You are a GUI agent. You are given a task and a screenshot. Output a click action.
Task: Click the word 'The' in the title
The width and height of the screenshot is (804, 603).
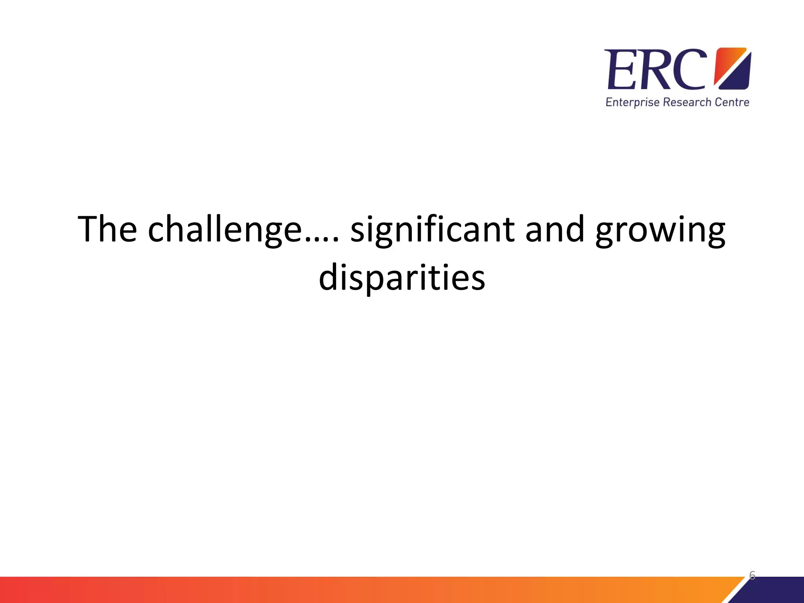point(107,229)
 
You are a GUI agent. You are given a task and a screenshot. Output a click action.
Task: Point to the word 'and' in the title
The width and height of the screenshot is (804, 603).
point(555,229)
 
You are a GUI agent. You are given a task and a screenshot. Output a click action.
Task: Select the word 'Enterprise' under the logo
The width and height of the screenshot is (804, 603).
point(632,103)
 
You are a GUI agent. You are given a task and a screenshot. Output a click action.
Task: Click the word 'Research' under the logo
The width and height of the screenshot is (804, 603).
point(687,102)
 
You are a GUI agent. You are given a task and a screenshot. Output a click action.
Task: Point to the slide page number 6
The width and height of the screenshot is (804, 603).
point(752,576)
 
